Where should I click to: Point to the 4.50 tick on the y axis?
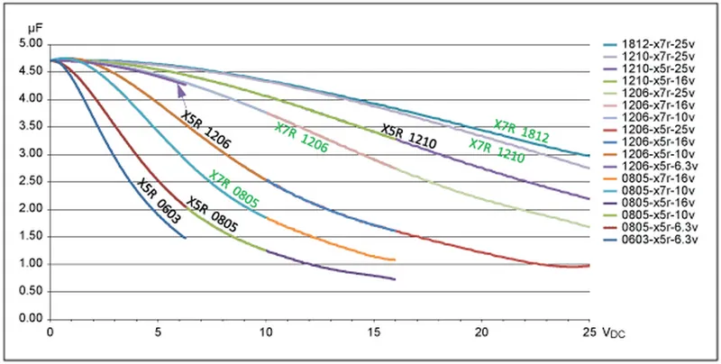pos(31,71)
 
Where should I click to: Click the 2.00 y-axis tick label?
pos(31,209)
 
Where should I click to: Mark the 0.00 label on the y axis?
pos(31,319)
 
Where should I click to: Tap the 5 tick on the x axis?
pos(158,331)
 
